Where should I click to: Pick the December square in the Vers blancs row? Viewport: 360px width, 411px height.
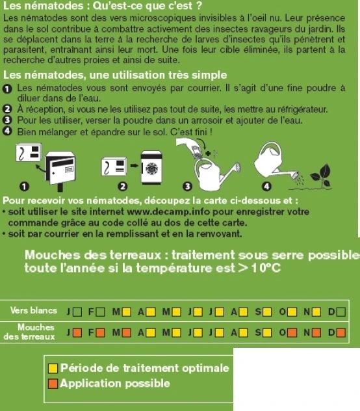341,312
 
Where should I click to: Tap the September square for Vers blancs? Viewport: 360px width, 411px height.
267,312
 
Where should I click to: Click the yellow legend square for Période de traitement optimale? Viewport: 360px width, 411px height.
53,369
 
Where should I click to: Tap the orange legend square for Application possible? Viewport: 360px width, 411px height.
53,384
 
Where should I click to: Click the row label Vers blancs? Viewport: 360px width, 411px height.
34,312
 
